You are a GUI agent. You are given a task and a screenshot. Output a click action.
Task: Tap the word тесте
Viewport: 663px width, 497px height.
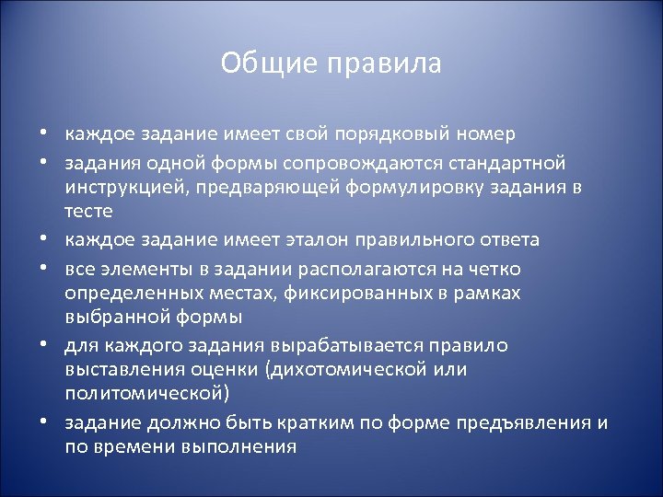(x=88, y=212)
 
